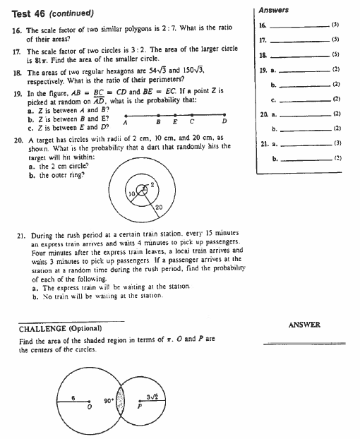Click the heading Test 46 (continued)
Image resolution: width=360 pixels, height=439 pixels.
[53, 14]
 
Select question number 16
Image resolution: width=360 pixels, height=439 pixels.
[16, 32]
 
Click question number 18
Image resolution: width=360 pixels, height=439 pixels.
[16, 72]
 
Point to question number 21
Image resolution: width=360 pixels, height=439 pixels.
[19, 232]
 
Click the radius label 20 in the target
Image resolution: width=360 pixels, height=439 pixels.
[159, 206]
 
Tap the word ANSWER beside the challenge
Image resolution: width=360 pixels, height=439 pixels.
[305, 325]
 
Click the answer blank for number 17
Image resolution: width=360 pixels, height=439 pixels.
[305, 41]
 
